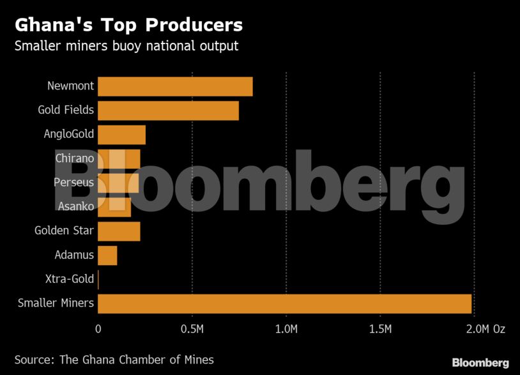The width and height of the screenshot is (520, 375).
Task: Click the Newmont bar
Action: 175,86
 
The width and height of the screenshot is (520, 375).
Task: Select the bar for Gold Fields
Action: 168,111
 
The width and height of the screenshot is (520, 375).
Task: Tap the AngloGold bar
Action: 121,135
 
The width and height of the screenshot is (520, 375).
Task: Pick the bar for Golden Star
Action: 119,231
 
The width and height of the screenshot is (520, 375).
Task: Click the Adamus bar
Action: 107,255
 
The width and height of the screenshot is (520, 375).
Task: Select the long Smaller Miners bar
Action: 284,303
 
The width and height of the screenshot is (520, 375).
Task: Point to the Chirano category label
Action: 75,158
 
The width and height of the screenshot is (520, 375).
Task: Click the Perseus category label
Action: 73,183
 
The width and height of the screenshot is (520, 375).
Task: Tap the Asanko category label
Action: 75,206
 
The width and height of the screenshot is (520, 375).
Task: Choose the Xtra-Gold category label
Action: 70,279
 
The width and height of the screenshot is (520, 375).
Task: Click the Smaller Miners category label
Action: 56,303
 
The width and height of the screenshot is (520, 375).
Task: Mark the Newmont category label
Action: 70,86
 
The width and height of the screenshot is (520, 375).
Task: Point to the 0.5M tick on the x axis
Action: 192,329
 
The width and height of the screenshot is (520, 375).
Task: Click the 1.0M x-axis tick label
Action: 286,329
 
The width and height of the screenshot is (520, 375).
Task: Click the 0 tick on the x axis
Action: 98,329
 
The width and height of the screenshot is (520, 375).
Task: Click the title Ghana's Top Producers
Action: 128,25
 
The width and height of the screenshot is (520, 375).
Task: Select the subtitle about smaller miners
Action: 126,46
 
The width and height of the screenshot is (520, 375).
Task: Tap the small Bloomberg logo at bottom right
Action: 480,362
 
